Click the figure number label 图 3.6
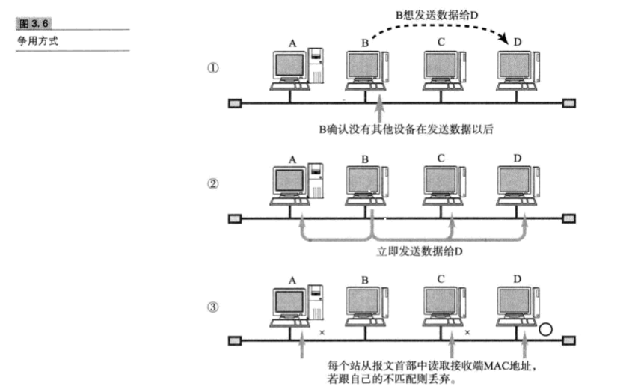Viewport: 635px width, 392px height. [x=26, y=23]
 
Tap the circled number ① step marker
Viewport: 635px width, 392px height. [x=213, y=67]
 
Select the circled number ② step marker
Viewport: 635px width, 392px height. [x=213, y=183]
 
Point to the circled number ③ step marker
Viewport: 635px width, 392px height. [x=213, y=306]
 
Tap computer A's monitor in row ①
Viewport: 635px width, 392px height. [x=289, y=67]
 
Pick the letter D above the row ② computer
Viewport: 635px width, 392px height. [x=518, y=157]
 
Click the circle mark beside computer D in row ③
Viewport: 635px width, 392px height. [x=546, y=328]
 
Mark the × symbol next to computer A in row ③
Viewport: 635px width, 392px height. [x=322, y=331]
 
